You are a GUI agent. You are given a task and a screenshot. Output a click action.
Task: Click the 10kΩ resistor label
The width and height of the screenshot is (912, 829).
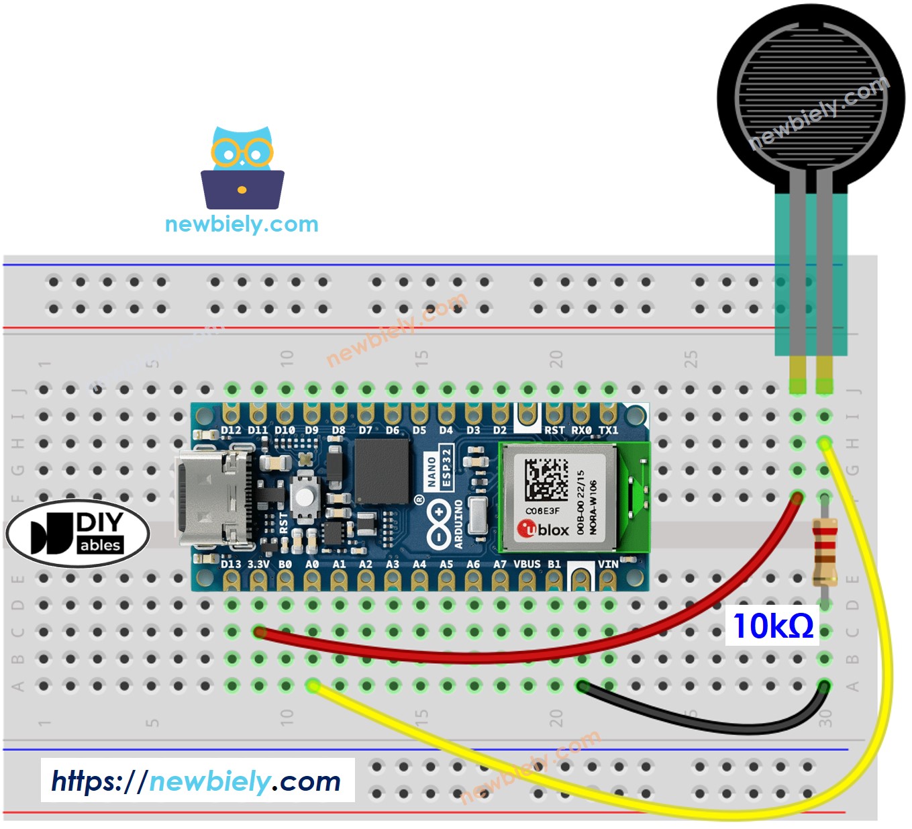pyautogui.click(x=772, y=626)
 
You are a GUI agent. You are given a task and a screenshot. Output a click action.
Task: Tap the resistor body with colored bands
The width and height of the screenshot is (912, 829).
pyautogui.click(x=824, y=552)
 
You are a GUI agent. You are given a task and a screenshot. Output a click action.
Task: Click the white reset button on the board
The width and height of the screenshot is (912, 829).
pyautogui.click(x=305, y=497)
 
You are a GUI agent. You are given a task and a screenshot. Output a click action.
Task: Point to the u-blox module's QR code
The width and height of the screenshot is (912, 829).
pyautogui.click(x=546, y=479)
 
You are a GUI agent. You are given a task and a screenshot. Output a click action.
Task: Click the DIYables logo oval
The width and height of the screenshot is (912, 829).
pyautogui.click(x=77, y=534)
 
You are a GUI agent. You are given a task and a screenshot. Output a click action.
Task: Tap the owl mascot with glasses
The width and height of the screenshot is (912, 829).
pyautogui.click(x=242, y=168)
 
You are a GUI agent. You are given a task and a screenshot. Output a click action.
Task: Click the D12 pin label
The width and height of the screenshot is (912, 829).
pyautogui.click(x=231, y=430)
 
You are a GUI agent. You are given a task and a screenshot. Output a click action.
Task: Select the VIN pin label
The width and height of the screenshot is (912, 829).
pyautogui.click(x=608, y=565)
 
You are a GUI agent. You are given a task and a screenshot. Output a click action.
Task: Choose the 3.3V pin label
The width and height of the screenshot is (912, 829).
pyautogui.click(x=258, y=565)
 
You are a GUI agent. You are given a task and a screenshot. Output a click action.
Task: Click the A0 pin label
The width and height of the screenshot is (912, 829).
pyautogui.click(x=312, y=565)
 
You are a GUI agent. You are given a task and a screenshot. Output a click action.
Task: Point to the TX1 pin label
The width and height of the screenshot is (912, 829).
pyautogui.click(x=608, y=430)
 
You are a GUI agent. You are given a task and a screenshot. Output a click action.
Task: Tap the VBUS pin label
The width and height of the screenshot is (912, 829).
pyautogui.click(x=527, y=565)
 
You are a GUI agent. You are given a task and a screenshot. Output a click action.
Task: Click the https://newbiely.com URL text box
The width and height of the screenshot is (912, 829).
pyautogui.click(x=197, y=781)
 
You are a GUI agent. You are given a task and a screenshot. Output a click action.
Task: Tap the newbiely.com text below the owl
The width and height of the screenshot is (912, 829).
pyautogui.click(x=242, y=224)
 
